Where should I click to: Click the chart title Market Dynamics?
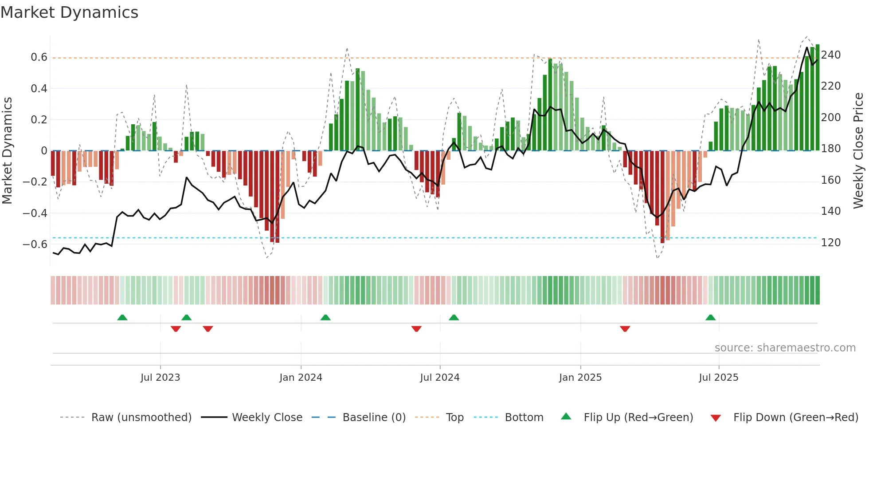(69, 12)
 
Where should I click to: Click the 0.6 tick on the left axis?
(39, 57)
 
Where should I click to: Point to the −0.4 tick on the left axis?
(35, 213)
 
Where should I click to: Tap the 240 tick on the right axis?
(830, 55)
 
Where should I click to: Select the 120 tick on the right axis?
(830, 243)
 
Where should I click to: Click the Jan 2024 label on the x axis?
(301, 378)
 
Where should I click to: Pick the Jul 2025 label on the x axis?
(718, 378)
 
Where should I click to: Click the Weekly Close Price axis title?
(858, 151)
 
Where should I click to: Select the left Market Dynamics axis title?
(7, 151)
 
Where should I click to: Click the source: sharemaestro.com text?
(785, 348)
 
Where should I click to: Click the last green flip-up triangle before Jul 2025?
(710, 317)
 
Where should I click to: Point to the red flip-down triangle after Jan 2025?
(625, 329)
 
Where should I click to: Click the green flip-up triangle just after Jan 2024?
(325, 317)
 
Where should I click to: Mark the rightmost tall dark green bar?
(817, 98)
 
